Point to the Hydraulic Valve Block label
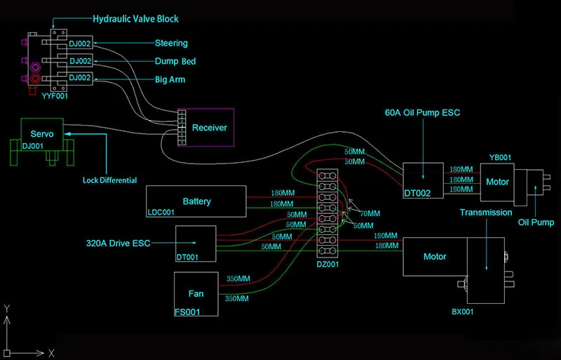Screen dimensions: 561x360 pyautogui.click(x=135, y=19)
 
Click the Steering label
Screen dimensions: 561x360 pyautogui.click(x=171, y=44)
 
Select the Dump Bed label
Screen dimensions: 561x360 pyautogui.click(x=175, y=61)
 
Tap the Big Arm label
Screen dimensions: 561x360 pyautogui.click(x=170, y=79)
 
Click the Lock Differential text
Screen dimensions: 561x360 pyautogui.click(x=110, y=180)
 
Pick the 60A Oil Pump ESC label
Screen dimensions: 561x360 pyautogui.click(x=423, y=112)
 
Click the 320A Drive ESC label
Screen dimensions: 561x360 pyautogui.click(x=118, y=244)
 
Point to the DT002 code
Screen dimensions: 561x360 pyautogui.click(x=417, y=194)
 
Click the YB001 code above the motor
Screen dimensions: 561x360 pyautogui.click(x=500, y=158)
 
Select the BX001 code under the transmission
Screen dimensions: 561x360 pyautogui.click(x=463, y=312)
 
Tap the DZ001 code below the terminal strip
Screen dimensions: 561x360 pyautogui.click(x=327, y=265)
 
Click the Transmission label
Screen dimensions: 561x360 pyautogui.click(x=486, y=213)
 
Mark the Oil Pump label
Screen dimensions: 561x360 pyautogui.click(x=536, y=222)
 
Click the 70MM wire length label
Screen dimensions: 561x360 pyautogui.click(x=370, y=214)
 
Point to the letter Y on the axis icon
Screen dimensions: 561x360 pyautogui.click(x=7, y=308)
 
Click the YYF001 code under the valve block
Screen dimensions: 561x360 pyautogui.click(x=55, y=96)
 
